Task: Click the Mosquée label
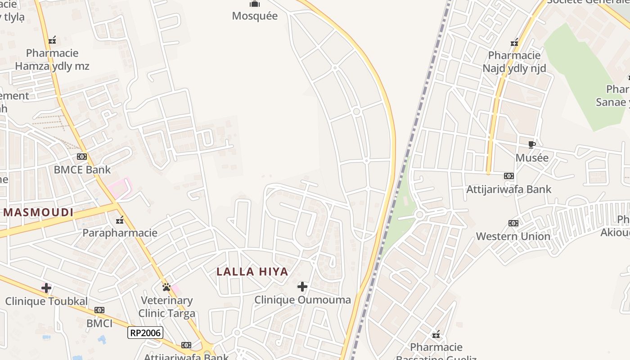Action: click(x=255, y=16)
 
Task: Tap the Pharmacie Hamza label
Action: click(x=52, y=59)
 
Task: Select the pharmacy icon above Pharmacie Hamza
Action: click(x=52, y=40)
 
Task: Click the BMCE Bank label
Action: click(x=82, y=170)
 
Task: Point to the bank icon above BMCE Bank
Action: click(x=82, y=157)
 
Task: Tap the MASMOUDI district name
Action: click(x=38, y=212)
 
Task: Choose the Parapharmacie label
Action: click(x=120, y=233)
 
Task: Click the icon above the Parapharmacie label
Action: click(x=120, y=220)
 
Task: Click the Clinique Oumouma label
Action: click(x=302, y=300)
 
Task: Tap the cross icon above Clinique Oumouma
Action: click(x=302, y=287)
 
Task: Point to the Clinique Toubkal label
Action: click(x=46, y=301)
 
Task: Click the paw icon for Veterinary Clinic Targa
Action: click(x=166, y=287)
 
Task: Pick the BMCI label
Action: click(x=99, y=323)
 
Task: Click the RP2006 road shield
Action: click(x=145, y=333)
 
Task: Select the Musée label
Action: click(x=532, y=158)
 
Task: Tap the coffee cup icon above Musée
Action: click(x=531, y=145)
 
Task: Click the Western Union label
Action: click(x=513, y=236)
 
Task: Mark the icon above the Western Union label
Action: click(x=513, y=223)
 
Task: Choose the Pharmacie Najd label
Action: click(x=514, y=62)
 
